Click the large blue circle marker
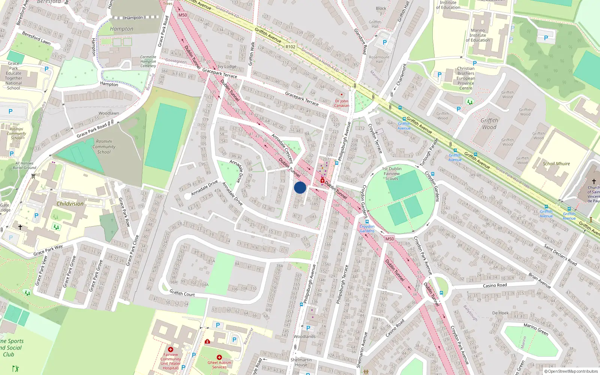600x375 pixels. (x=300, y=187)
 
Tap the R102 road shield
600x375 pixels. (x=290, y=47)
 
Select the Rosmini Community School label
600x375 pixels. (x=104, y=147)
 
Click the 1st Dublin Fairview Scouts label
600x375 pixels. (x=391, y=174)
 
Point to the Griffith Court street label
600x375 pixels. (x=182, y=293)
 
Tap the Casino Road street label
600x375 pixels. (x=495, y=285)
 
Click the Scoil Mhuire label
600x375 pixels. (x=556, y=164)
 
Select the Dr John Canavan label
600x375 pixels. (x=342, y=103)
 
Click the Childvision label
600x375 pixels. (x=70, y=204)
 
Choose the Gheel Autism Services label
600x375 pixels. (x=219, y=365)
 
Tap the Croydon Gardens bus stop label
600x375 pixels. (x=367, y=228)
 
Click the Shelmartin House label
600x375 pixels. (x=301, y=362)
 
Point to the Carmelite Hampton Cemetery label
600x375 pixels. (x=148, y=61)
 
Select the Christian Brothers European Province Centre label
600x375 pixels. (x=466, y=78)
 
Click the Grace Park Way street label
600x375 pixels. (x=48, y=250)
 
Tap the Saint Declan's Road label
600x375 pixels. (x=560, y=255)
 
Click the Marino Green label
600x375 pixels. (x=536, y=329)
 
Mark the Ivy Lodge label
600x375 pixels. (x=227, y=67)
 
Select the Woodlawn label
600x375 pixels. (x=109, y=113)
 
